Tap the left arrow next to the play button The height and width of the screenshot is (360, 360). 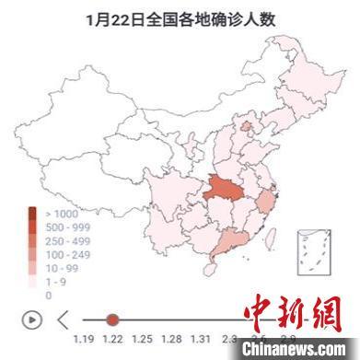click(x=63, y=319)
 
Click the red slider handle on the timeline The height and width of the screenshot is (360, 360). click(x=112, y=319)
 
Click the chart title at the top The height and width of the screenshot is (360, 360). click(x=180, y=18)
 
